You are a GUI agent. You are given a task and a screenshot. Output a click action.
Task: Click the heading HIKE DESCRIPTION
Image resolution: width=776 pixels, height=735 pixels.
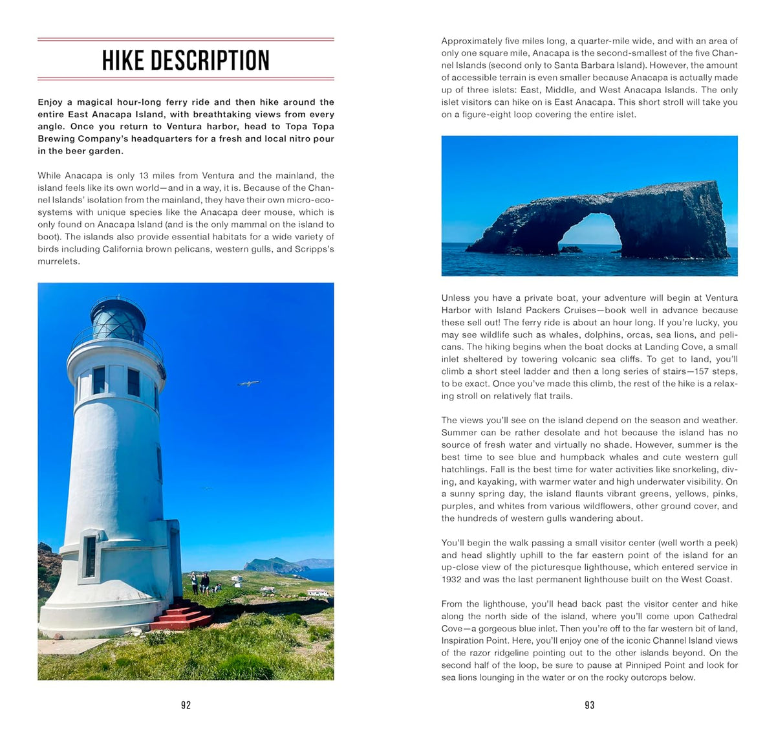tap(186, 60)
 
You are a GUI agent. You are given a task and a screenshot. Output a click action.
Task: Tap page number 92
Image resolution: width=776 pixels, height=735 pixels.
tap(186, 705)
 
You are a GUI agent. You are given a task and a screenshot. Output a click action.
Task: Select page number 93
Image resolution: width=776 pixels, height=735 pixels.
tap(589, 705)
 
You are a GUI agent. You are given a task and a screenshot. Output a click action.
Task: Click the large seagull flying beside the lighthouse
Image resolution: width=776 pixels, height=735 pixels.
tap(248, 384)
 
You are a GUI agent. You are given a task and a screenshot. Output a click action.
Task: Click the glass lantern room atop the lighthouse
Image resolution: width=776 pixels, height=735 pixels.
tap(117, 320)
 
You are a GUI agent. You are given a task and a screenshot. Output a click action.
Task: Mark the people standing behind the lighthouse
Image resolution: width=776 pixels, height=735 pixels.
tap(200, 582)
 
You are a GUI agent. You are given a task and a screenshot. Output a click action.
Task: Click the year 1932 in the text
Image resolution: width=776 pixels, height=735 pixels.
tap(451, 580)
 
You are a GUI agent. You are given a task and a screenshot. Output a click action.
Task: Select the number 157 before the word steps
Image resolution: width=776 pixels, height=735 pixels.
tap(682, 371)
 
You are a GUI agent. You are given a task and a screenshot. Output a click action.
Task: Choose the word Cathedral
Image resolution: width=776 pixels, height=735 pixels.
tap(718, 616)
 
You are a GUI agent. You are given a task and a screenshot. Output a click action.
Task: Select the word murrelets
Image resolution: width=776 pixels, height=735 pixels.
tap(58, 261)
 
